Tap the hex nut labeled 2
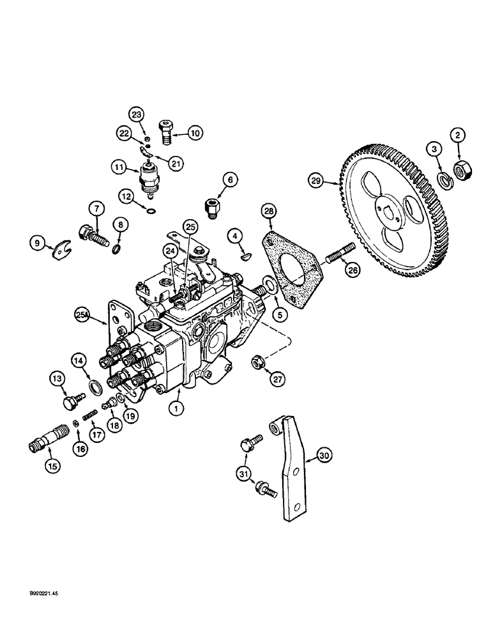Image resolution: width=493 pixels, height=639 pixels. pos(460,169)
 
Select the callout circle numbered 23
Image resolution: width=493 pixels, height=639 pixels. pos(136,115)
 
